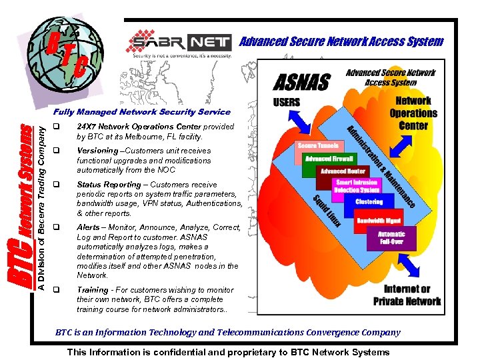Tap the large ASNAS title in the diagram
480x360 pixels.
(302, 82)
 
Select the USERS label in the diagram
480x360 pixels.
(287, 102)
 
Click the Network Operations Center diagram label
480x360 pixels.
(413, 113)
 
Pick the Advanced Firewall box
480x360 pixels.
(329, 159)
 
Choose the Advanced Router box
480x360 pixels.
(343, 171)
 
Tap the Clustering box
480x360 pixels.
(369, 201)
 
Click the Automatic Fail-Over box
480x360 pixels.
(391, 238)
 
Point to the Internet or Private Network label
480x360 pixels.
(407, 295)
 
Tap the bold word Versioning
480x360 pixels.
(97, 151)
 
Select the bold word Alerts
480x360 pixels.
(88, 227)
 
